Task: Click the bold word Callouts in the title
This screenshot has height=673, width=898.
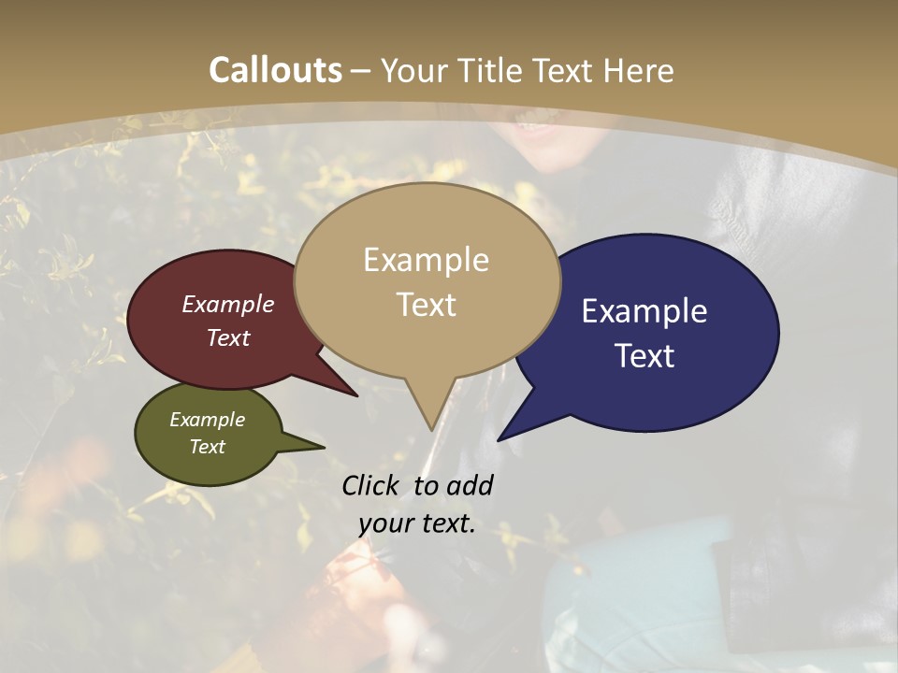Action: tap(275, 70)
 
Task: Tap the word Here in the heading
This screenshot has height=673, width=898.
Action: tap(639, 70)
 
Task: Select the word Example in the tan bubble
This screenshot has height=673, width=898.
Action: tap(426, 260)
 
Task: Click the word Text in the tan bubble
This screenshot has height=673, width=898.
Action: tap(426, 304)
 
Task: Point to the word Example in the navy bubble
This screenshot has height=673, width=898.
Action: tap(645, 311)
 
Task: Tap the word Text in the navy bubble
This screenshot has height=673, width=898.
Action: tap(645, 356)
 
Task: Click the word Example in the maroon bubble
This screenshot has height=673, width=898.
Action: tap(228, 305)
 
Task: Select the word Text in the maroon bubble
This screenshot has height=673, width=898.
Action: tap(228, 337)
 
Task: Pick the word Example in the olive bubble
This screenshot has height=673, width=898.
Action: tap(207, 420)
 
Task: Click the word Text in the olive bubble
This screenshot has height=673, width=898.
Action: tap(207, 447)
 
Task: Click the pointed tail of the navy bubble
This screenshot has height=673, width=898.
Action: tap(503, 436)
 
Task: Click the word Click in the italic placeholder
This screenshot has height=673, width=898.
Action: tap(372, 485)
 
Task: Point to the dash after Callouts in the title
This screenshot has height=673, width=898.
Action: tap(361, 70)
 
